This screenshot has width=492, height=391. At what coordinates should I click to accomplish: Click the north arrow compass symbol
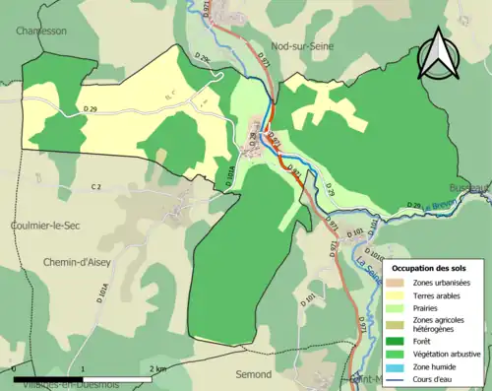point(437,53)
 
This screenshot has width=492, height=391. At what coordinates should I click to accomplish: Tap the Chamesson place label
point(41,31)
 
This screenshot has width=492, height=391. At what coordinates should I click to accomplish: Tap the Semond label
point(254,375)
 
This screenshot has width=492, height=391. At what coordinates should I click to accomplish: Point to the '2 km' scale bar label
point(157,368)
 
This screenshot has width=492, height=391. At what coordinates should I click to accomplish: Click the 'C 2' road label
point(96,187)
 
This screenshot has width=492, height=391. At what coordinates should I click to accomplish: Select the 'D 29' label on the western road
point(92,106)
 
